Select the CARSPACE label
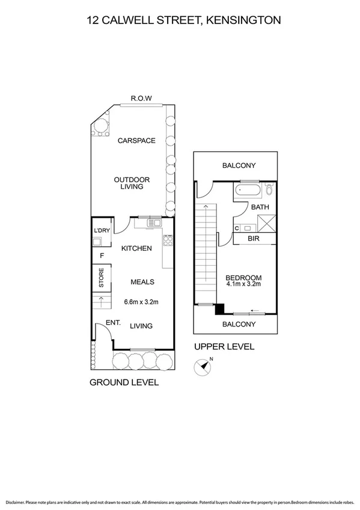136,141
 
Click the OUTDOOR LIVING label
132,183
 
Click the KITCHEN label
136,248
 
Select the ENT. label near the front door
113,323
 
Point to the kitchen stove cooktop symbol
168,240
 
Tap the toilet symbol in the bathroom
269,191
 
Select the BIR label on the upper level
254,239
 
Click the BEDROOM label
243,277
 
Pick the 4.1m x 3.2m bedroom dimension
243,284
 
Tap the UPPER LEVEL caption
224,346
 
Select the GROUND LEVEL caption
124,382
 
